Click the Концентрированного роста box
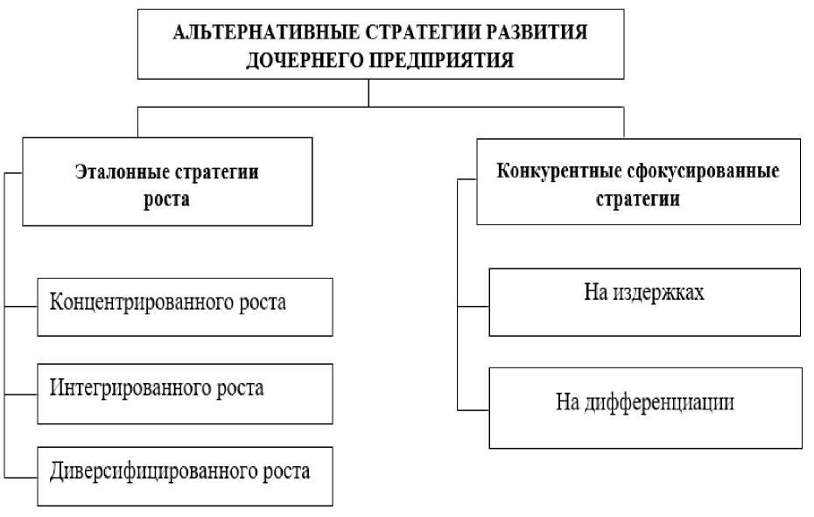pyautogui.click(x=185, y=307)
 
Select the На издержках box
pyautogui.click(x=644, y=302)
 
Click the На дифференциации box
pyautogui.click(x=644, y=408)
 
